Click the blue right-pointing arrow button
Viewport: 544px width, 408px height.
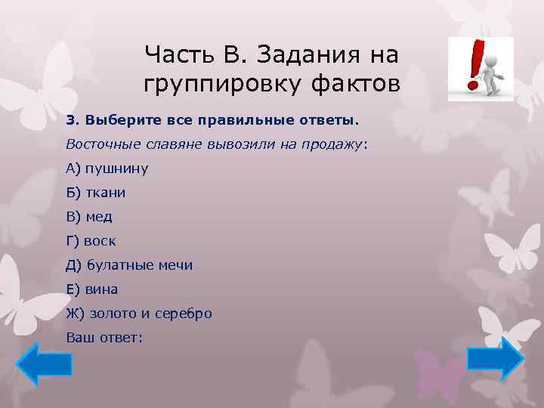click(495, 358)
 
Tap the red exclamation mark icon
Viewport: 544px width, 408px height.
click(474, 66)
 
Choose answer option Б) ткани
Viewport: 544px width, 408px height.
click(96, 193)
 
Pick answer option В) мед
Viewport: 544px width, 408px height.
click(89, 217)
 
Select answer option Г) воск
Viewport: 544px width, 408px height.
click(91, 241)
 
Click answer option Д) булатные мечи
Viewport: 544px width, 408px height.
click(129, 265)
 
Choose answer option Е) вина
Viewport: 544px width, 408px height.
click(92, 289)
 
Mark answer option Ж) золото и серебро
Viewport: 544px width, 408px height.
click(139, 314)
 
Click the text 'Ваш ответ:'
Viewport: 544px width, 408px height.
click(104, 338)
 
